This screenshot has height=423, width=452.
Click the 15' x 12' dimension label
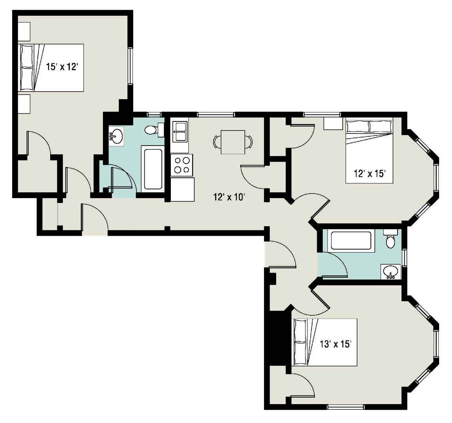pos(62,67)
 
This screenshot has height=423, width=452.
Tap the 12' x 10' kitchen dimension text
pos(229,197)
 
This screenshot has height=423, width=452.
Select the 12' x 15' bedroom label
pos(370,174)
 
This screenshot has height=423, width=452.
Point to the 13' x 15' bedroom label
pos(335,344)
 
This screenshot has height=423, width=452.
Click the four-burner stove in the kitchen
pos(182,165)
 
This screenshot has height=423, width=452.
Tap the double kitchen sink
pos(180,132)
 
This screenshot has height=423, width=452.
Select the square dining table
pos(233,142)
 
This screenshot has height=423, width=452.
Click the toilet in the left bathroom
pos(154,130)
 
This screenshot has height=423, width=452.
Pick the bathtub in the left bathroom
pos(153,169)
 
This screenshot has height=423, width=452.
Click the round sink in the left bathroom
pos(117,136)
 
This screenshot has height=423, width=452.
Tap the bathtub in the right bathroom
pos(351,241)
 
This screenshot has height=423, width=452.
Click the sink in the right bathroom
pos(391,271)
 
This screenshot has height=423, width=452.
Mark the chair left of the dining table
pos(217,142)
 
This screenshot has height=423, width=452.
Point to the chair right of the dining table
pos(249,142)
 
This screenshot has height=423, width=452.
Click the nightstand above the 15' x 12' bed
pos(24,31)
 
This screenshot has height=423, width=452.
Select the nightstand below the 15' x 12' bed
pos(24,103)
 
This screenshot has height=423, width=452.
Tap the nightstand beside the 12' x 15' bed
pos(333,123)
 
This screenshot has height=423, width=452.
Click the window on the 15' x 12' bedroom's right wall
pos(130,66)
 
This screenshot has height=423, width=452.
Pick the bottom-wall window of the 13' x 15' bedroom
pos(345,407)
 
